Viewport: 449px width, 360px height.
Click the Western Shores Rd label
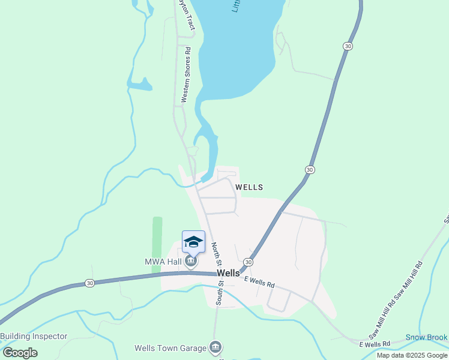(186, 75)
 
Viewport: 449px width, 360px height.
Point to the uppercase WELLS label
(249, 187)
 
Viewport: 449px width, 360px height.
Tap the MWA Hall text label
(163, 262)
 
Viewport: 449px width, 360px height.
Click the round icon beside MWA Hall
(191, 262)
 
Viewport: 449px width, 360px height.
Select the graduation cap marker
(193, 242)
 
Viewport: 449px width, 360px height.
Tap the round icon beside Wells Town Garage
(215, 347)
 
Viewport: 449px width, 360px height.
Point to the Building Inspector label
(34, 336)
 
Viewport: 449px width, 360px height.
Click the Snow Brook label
(427, 337)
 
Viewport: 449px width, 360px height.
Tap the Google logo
(20, 352)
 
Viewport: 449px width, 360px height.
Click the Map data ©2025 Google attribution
(412, 355)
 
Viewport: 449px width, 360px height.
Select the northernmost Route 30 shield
(348, 46)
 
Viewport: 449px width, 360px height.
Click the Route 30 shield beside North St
(248, 262)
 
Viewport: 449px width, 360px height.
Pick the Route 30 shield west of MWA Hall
(89, 283)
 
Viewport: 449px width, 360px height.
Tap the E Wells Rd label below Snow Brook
(375, 344)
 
